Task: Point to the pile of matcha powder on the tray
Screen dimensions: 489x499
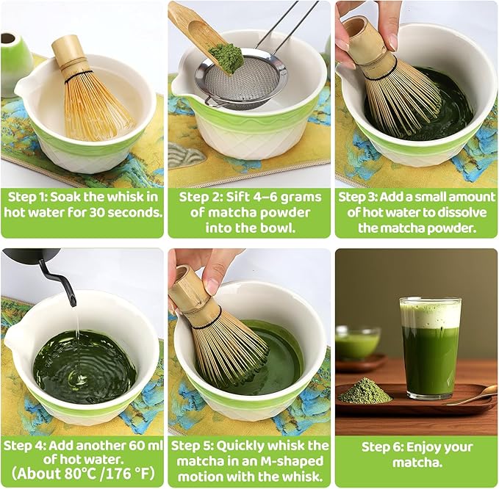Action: click(x=365, y=391)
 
